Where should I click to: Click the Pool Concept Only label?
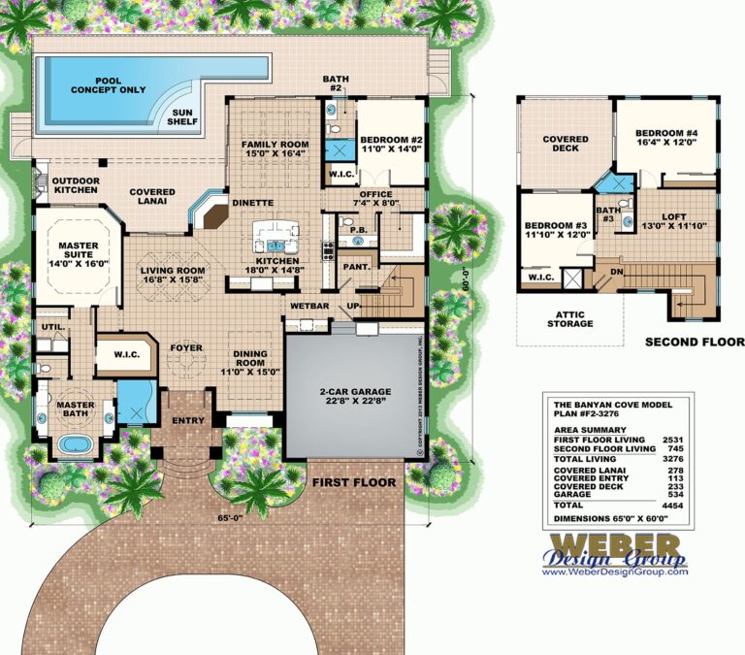click(109, 84)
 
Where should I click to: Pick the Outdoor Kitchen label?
click(76, 185)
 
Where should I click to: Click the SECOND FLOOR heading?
click(694, 343)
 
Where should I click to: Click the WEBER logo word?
click(613, 542)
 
